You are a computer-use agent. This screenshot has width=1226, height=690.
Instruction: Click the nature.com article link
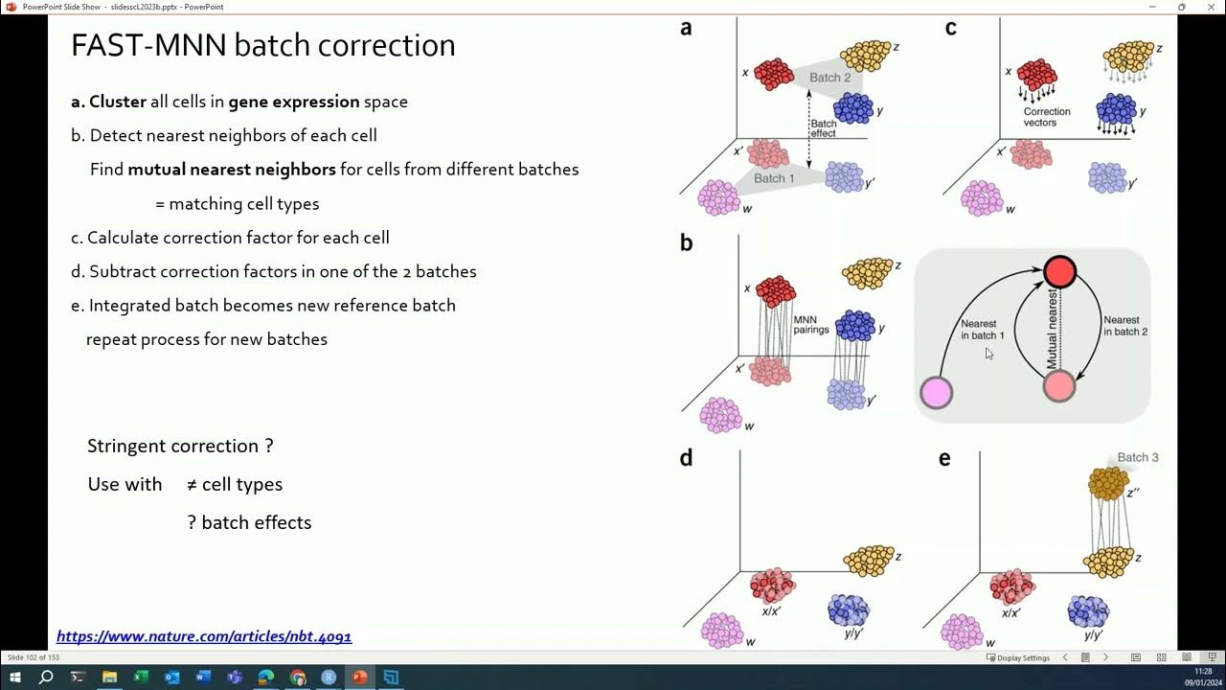[x=204, y=636]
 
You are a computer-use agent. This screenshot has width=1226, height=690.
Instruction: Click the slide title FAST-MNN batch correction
[x=262, y=45]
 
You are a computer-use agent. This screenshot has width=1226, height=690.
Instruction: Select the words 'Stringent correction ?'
[x=180, y=446]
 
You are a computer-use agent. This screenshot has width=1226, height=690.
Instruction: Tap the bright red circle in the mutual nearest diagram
[x=1059, y=272]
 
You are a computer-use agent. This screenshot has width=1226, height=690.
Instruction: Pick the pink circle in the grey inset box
[x=936, y=392]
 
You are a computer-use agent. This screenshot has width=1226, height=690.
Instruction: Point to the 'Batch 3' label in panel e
[x=1137, y=457]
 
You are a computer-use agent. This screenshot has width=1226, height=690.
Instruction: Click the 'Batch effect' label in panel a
[x=823, y=128]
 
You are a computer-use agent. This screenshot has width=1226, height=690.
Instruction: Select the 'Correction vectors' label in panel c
[x=1046, y=117]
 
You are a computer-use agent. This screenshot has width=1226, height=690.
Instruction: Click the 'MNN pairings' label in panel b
[x=810, y=324]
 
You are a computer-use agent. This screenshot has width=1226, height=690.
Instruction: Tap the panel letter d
[x=686, y=458]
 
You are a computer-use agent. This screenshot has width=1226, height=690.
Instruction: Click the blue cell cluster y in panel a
[x=852, y=108]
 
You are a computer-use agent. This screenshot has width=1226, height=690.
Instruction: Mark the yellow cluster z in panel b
[x=868, y=273]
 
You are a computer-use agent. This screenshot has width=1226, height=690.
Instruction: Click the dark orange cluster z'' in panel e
[x=1108, y=484]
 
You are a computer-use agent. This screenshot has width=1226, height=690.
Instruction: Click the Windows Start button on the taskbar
[x=15, y=678]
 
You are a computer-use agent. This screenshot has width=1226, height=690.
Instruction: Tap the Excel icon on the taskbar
[x=141, y=678]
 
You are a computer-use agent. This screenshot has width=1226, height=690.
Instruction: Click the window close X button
[x=1210, y=7]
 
